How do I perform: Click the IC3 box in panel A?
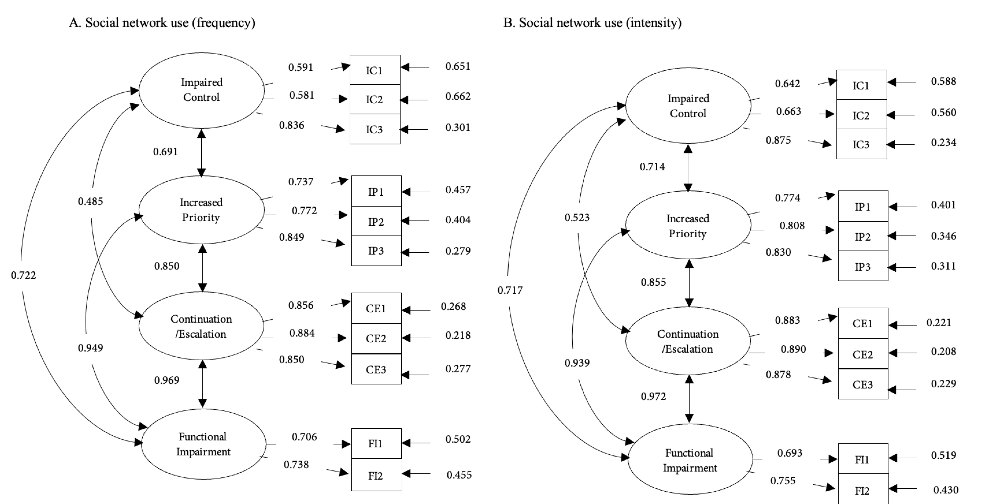tap(375, 129)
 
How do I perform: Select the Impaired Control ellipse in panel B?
tap(688, 106)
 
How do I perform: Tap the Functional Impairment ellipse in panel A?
tap(203, 444)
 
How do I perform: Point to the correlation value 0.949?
tap(90, 348)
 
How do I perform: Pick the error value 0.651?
tap(458, 66)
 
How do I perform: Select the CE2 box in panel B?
tap(863, 354)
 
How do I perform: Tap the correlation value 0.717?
tap(510, 290)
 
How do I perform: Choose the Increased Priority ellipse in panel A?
tap(201, 210)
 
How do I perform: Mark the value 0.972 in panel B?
tap(653, 396)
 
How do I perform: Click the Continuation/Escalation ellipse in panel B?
tap(688, 341)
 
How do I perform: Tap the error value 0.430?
tap(946, 490)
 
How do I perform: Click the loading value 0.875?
tap(778, 140)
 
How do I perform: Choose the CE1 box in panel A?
tap(376, 308)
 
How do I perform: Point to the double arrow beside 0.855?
tap(689, 283)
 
